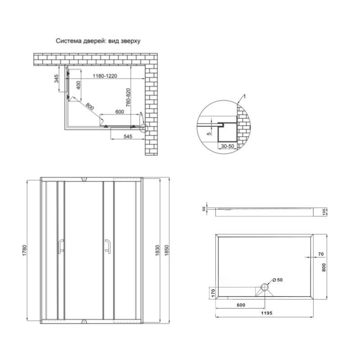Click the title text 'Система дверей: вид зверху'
(x=98, y=41)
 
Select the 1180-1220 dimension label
(x=105, y=76)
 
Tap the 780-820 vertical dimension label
(x=128, y=97)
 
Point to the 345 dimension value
(x=56, y=79)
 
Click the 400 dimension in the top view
(x=79, y=85)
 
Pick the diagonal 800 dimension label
(x=90, y=106)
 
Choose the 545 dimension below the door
(x=128, y=136)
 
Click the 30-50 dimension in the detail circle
(x=227, y=146)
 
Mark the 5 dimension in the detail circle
(x=209, y=133)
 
